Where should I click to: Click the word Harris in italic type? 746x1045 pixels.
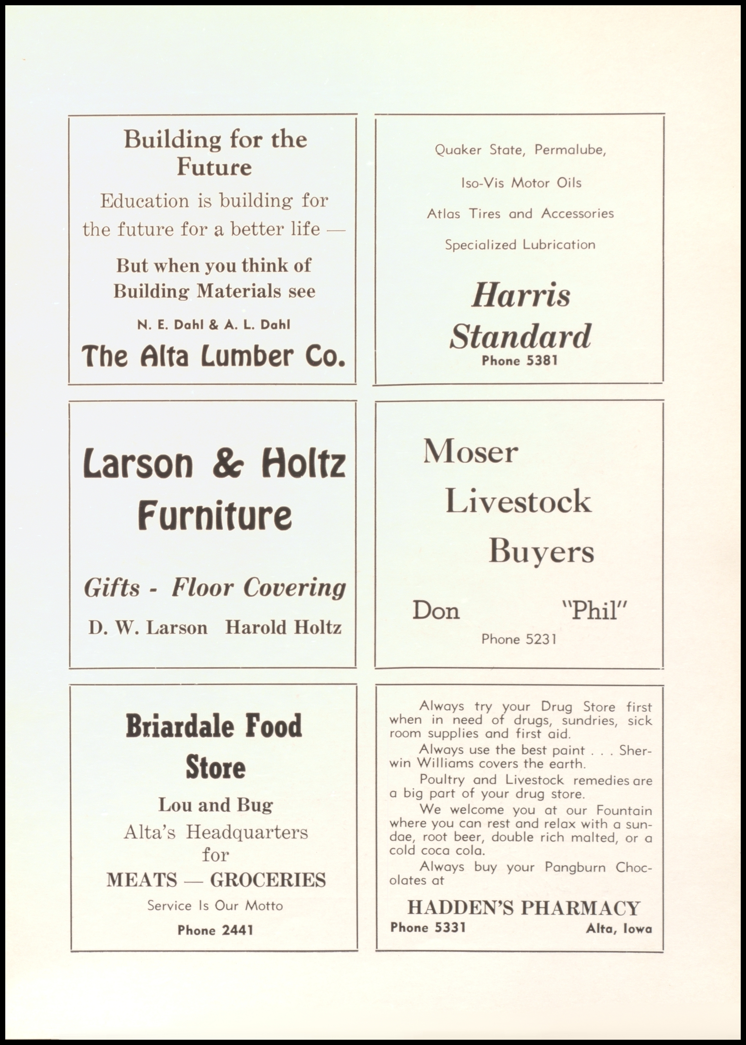coord(521,296)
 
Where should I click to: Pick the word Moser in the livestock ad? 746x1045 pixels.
coord(471,451)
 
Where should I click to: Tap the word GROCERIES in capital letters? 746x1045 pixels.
coord(268,880)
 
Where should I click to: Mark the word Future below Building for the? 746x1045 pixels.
coord(214,167)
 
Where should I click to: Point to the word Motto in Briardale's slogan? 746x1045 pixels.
coord(264,906)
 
